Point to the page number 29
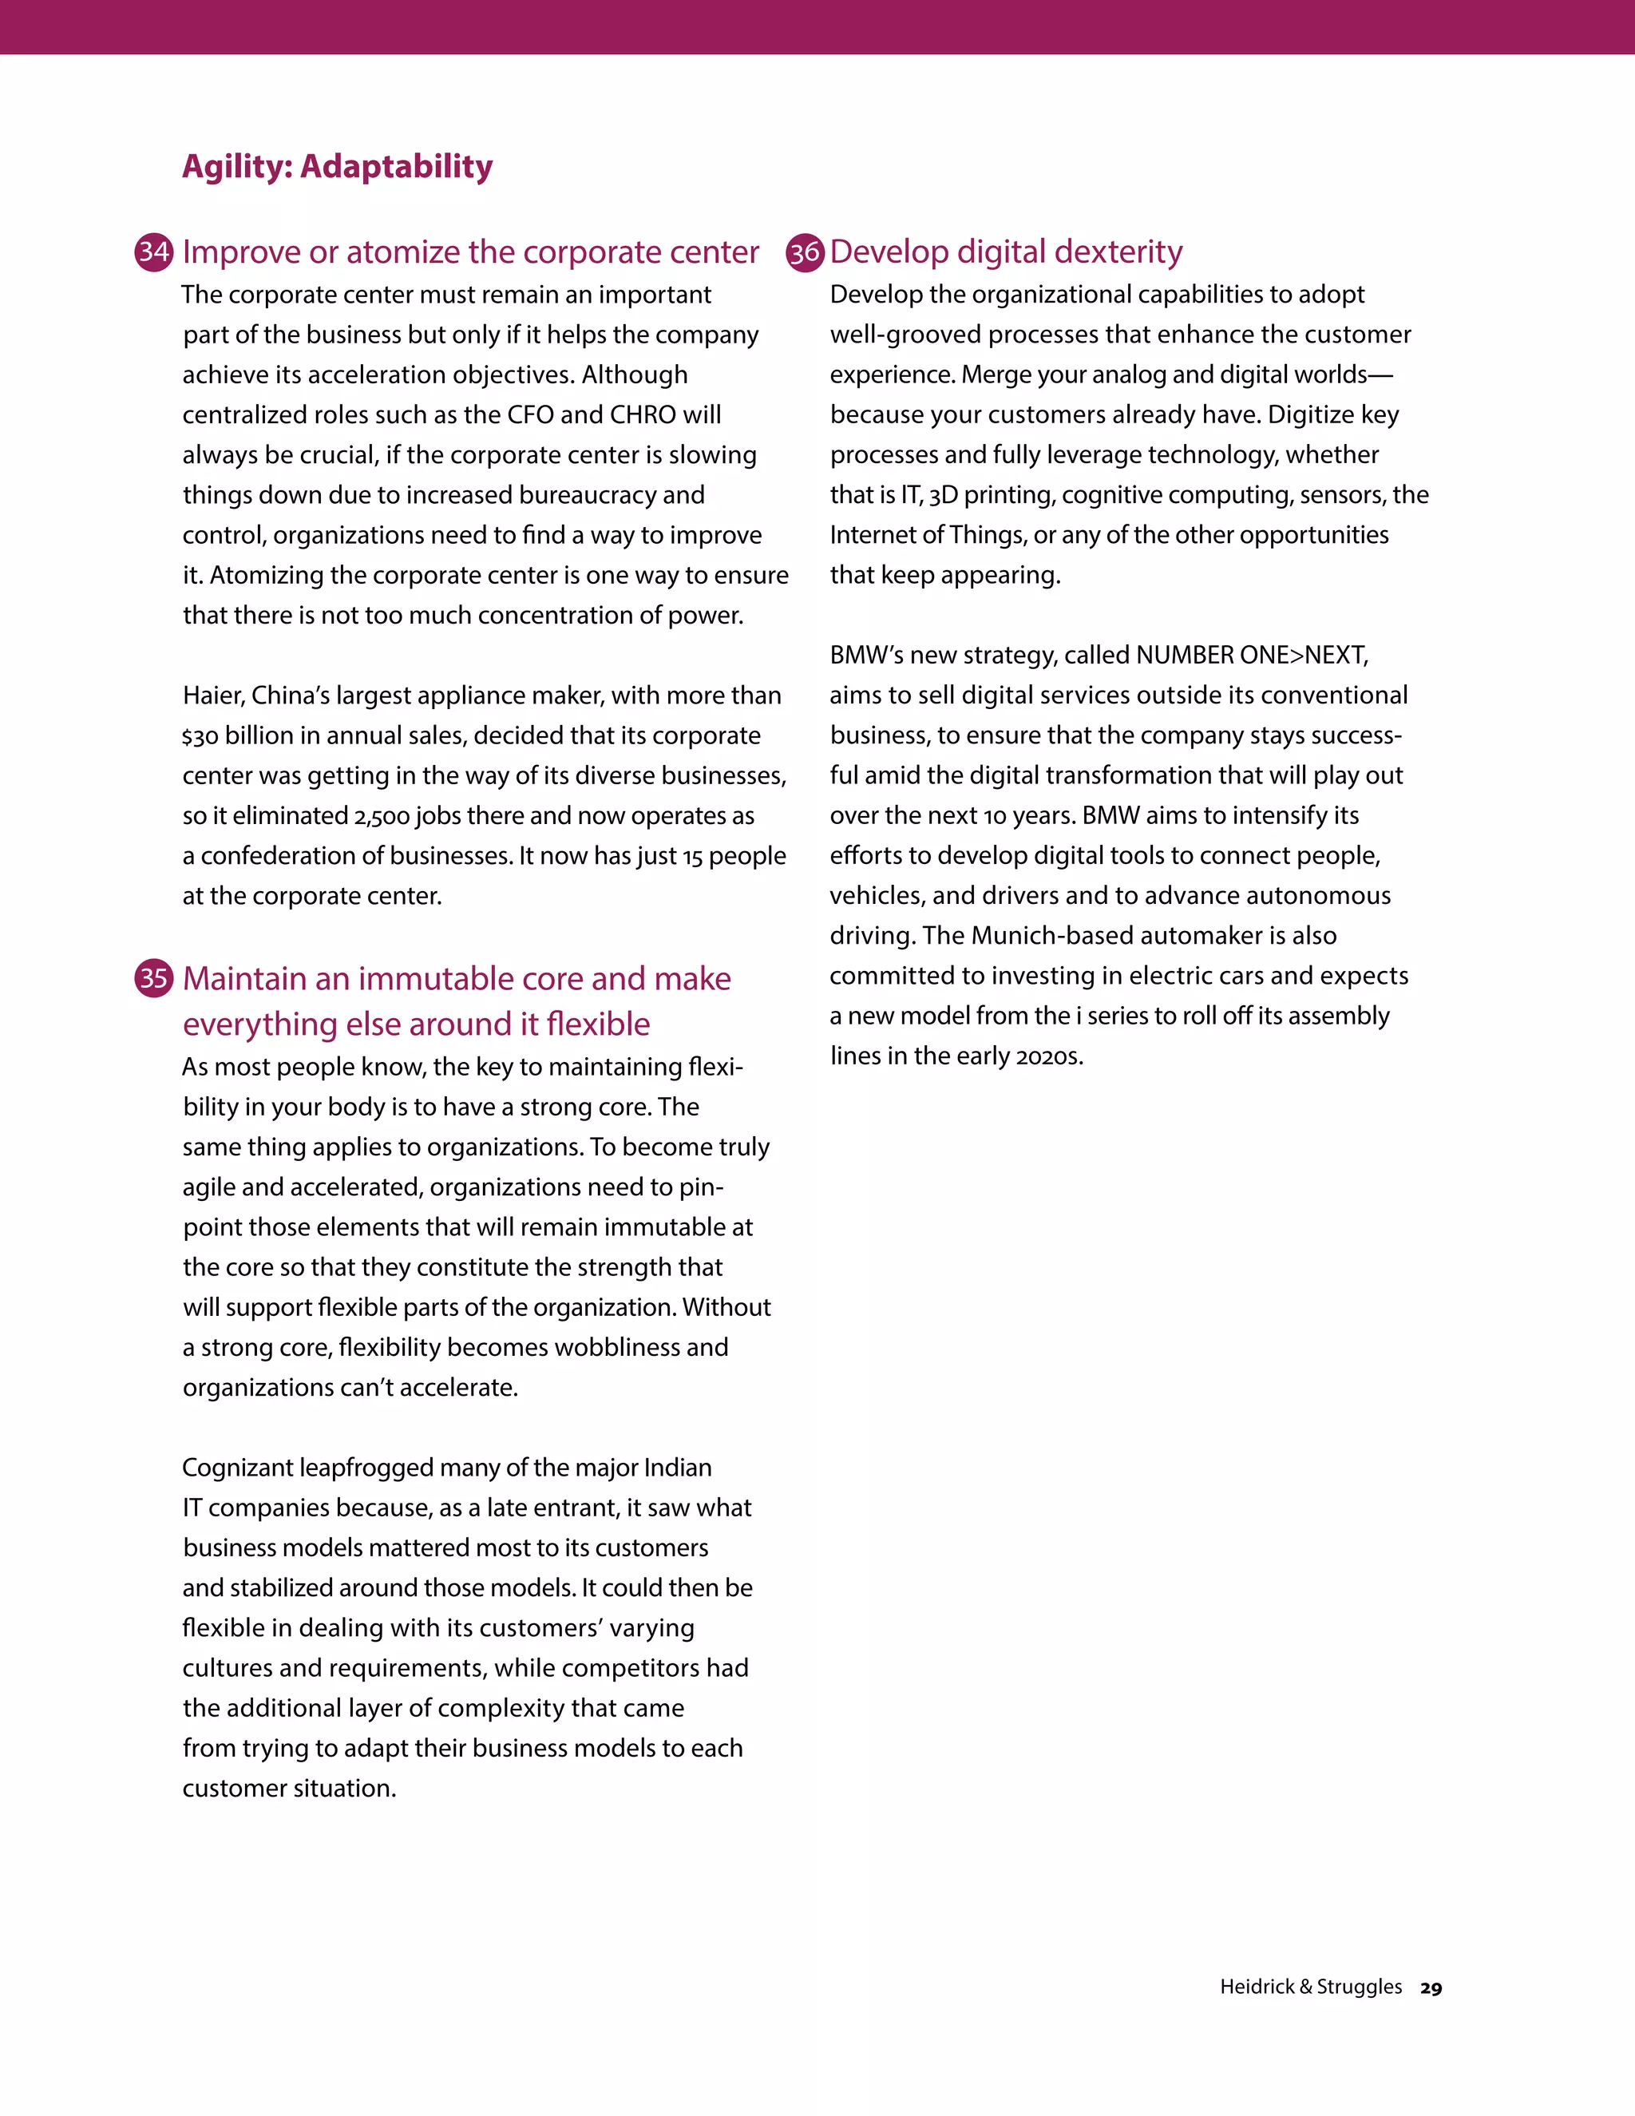1431,1988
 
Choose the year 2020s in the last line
1047,1056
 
